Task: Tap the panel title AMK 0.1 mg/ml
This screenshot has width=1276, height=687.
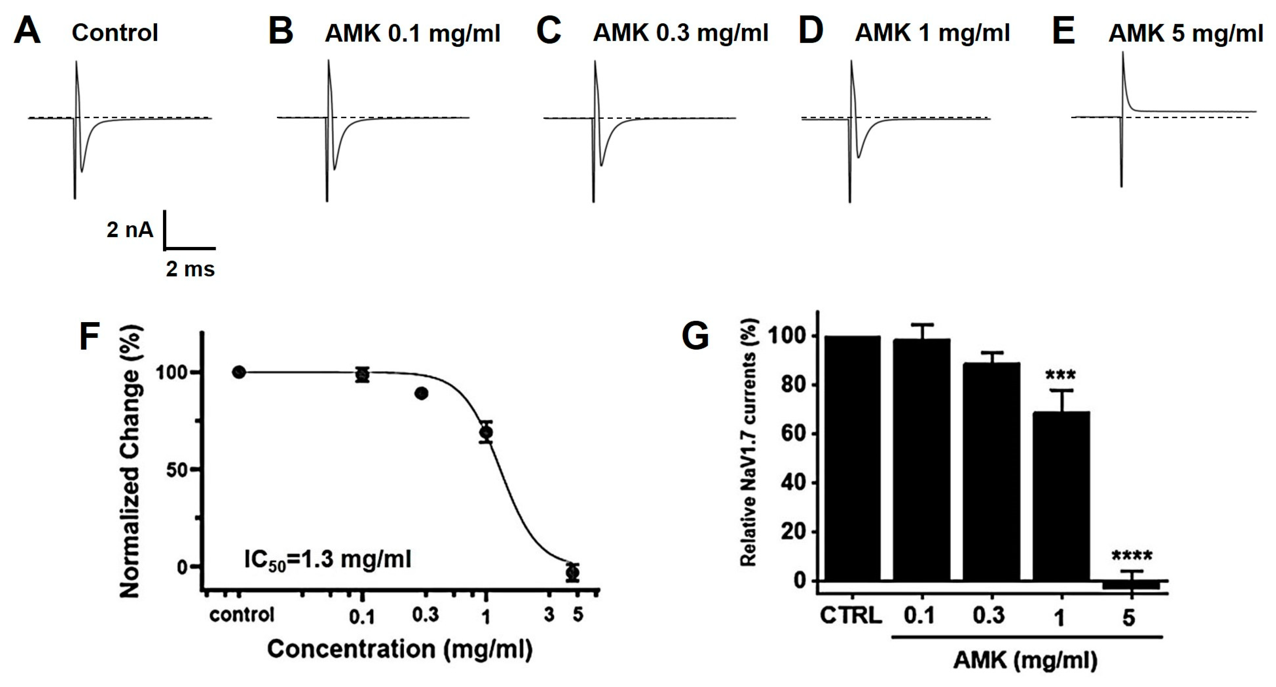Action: [x=412, y=33]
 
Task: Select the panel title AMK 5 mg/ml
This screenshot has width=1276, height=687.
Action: [x=1185, y=33]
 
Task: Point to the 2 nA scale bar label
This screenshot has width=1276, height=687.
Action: [x=130, y=230]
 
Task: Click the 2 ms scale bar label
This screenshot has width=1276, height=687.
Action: [x=190, y=269]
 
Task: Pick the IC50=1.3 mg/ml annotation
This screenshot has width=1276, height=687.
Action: [x=328, y=560]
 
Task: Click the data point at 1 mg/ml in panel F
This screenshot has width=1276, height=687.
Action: [x=486, y=432]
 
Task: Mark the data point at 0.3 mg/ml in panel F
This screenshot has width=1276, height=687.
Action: [x=421, y=393]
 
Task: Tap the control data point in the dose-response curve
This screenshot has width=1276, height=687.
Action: [x=239, y=372]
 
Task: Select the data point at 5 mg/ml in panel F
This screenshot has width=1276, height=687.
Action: [x=573, y=573]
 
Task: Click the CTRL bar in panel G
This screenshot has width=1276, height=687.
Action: [x=852, y=458]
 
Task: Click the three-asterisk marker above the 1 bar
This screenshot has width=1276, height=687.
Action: [x=1060, y=375]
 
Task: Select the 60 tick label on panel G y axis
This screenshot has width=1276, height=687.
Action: [x=794, y=433]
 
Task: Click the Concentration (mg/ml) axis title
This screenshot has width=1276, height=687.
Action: [x=400, y=649]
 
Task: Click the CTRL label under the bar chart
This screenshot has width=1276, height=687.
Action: [x=851, y=616]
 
